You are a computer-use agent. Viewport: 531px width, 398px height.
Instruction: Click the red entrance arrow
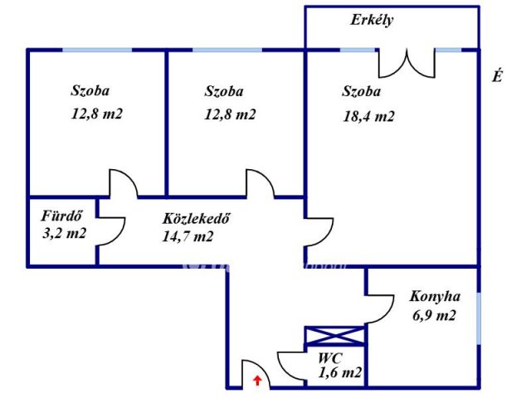click(x=258, y=380)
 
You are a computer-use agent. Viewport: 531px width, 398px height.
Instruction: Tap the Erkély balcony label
click(x=372, y=20)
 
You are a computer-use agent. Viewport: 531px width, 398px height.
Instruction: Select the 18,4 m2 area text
click(x=368, y=116)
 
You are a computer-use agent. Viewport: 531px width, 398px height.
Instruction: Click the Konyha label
click(x=435, y=297)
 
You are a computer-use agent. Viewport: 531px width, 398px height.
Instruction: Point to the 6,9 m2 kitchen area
click(x=434, y=315)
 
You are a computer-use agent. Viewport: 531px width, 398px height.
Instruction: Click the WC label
click(x=330, y=357)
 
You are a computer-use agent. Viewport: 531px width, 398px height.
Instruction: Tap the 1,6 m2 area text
click(x=339, y=372)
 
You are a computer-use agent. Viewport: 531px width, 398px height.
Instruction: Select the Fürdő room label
click(x=62, y=216)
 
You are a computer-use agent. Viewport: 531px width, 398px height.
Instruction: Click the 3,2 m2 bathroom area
click(x=64, y=233)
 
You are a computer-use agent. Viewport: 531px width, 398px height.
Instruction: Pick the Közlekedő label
click(x=197, y=218)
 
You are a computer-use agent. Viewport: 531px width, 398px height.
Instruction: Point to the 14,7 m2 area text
click(x=188, y=235)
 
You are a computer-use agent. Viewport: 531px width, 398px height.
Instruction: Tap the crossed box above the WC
click(x=335, y=336)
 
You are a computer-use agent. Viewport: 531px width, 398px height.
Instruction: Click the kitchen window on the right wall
click(x=479, y=318)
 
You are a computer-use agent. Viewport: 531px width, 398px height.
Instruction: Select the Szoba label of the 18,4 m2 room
click(x=361, y=91)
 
